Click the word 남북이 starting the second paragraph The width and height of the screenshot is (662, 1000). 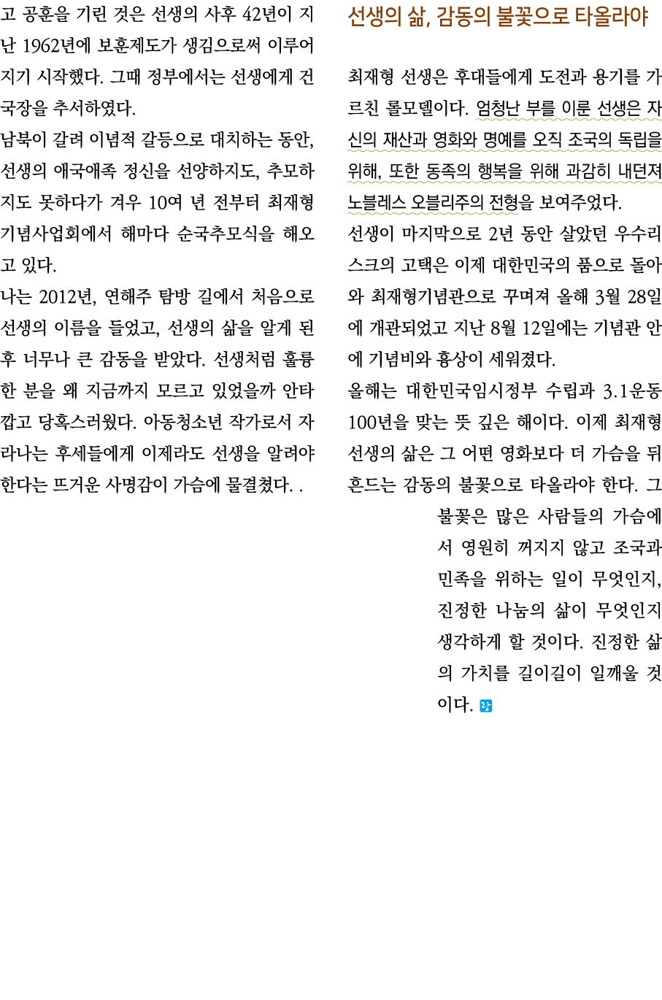(x=22, y=139)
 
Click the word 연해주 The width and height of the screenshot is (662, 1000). (x=127, y=296)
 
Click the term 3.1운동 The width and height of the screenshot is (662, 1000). (x=632, y=391)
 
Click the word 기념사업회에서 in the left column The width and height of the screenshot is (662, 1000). (x=55, y=234)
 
